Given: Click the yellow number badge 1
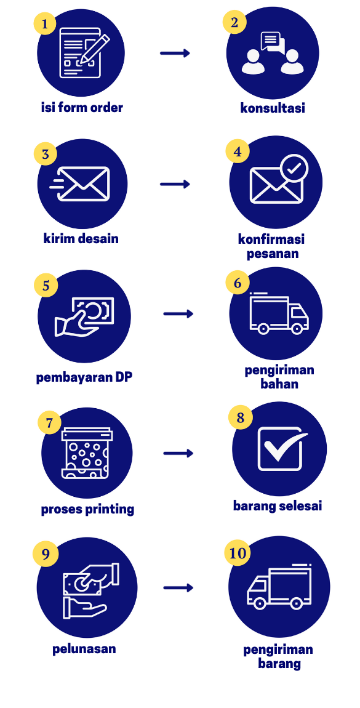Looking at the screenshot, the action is [x=45, y=23].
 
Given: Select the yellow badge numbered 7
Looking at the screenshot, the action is [x=49, y=423].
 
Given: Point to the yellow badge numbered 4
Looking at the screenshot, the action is [x=238, y=151].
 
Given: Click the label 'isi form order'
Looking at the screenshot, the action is [x=82, y=108].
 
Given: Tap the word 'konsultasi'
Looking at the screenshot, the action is [x=273, y=108].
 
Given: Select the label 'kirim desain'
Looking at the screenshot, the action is [x=81, y=238].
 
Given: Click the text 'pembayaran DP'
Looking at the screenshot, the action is [x=84, y=377].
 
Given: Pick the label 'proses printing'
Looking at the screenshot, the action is [x=87, y=509].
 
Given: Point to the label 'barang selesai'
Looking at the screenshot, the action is [x=278, y=505].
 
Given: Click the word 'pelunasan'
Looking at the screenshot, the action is [x=84, y=650].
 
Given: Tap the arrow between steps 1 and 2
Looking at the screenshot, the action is [x=175, y=54].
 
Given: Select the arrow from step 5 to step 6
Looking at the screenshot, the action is [x=178, y=314].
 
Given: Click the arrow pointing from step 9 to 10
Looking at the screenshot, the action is [x=178, y=588].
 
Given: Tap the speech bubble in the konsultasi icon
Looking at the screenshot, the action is [x=273, y=42].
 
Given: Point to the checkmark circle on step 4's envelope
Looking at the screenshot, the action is [x=294, y=169].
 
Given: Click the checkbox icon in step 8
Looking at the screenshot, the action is [x=281, y=448].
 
